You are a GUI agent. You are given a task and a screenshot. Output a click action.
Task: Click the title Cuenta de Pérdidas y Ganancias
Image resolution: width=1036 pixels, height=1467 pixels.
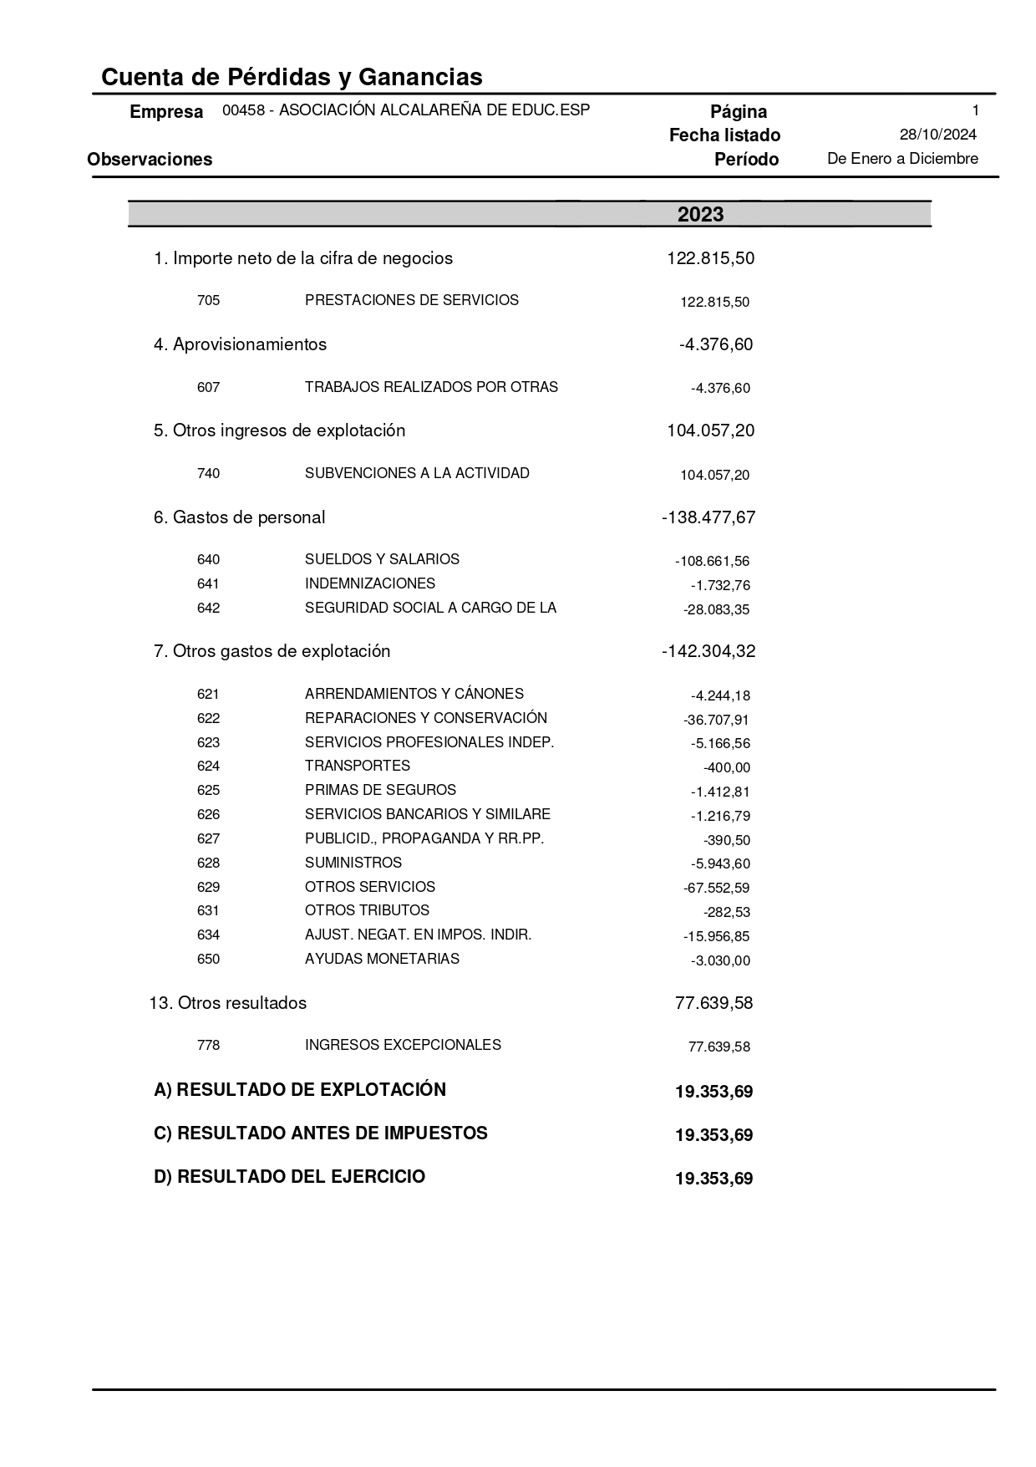coord(292,78)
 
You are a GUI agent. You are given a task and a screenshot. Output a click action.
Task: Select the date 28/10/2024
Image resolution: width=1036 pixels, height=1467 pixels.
coord(937,135)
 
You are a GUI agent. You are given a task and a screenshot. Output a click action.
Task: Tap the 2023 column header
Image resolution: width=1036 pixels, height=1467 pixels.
coord(700,215)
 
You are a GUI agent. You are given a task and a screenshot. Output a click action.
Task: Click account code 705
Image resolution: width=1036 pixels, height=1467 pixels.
coord(208,300)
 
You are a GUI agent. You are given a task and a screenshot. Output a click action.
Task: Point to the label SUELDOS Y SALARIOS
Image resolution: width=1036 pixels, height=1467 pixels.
coord(382,559)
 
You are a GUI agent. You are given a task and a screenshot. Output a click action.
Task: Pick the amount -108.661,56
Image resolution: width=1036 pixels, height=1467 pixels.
coord(712,562)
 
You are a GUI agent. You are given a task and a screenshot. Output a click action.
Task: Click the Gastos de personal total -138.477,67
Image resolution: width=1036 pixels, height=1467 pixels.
coord(708,517)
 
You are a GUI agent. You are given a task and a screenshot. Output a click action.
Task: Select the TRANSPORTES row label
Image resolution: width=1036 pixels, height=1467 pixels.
coord(357,766)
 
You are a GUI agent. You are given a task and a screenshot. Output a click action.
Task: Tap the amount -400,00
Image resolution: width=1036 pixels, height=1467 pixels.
coord(726,767)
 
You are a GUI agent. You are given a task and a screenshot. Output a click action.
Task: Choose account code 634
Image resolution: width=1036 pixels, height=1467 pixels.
coord(208,935)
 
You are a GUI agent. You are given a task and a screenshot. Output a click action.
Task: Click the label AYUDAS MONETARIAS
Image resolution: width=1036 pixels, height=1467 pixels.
coord(382,959)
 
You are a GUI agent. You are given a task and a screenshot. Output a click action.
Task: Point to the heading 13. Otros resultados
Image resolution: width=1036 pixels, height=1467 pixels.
coord(227,1003)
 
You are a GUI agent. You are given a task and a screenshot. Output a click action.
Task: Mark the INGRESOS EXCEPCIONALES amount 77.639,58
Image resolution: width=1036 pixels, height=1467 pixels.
coord(719,1047)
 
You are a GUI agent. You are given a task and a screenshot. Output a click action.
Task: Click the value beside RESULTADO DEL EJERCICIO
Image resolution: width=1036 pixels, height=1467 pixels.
coord(714,1179)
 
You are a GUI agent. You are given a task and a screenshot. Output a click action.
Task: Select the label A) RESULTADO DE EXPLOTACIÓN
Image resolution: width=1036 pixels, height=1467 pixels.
coord(300,1090)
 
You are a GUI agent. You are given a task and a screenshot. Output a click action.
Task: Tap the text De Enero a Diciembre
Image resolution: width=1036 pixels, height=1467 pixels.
coord(902,159)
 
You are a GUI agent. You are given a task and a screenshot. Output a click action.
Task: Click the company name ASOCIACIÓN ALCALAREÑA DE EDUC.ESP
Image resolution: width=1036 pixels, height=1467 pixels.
coord(434,110)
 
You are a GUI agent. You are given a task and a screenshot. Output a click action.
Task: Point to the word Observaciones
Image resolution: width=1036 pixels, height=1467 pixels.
coord(150,160)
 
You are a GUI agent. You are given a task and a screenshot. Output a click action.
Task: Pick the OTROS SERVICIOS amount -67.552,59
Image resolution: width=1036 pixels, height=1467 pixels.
coord(716,888)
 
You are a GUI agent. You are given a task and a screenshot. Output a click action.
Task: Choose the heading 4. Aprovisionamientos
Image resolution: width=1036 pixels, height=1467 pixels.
coord(240,344)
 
